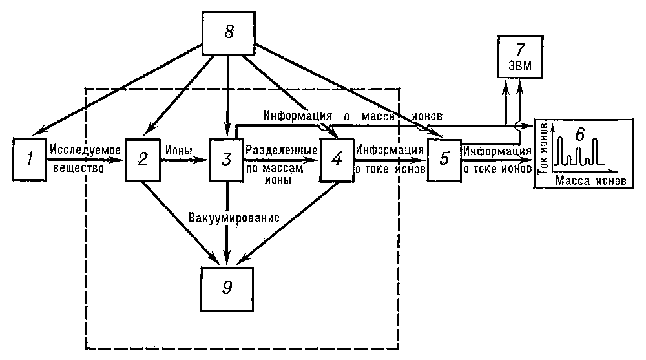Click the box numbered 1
(30, 159)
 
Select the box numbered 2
(143, 159)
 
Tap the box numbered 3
(227, 159)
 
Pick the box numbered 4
(337, 159)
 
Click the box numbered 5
(444, 159)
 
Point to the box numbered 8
(229, 32)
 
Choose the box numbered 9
(227, 289)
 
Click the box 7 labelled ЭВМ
(520, 56)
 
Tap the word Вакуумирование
(234, 217)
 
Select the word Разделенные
(282, 150)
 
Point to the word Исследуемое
(85, 149)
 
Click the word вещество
(79, 168)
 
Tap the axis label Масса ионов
(591, 180)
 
